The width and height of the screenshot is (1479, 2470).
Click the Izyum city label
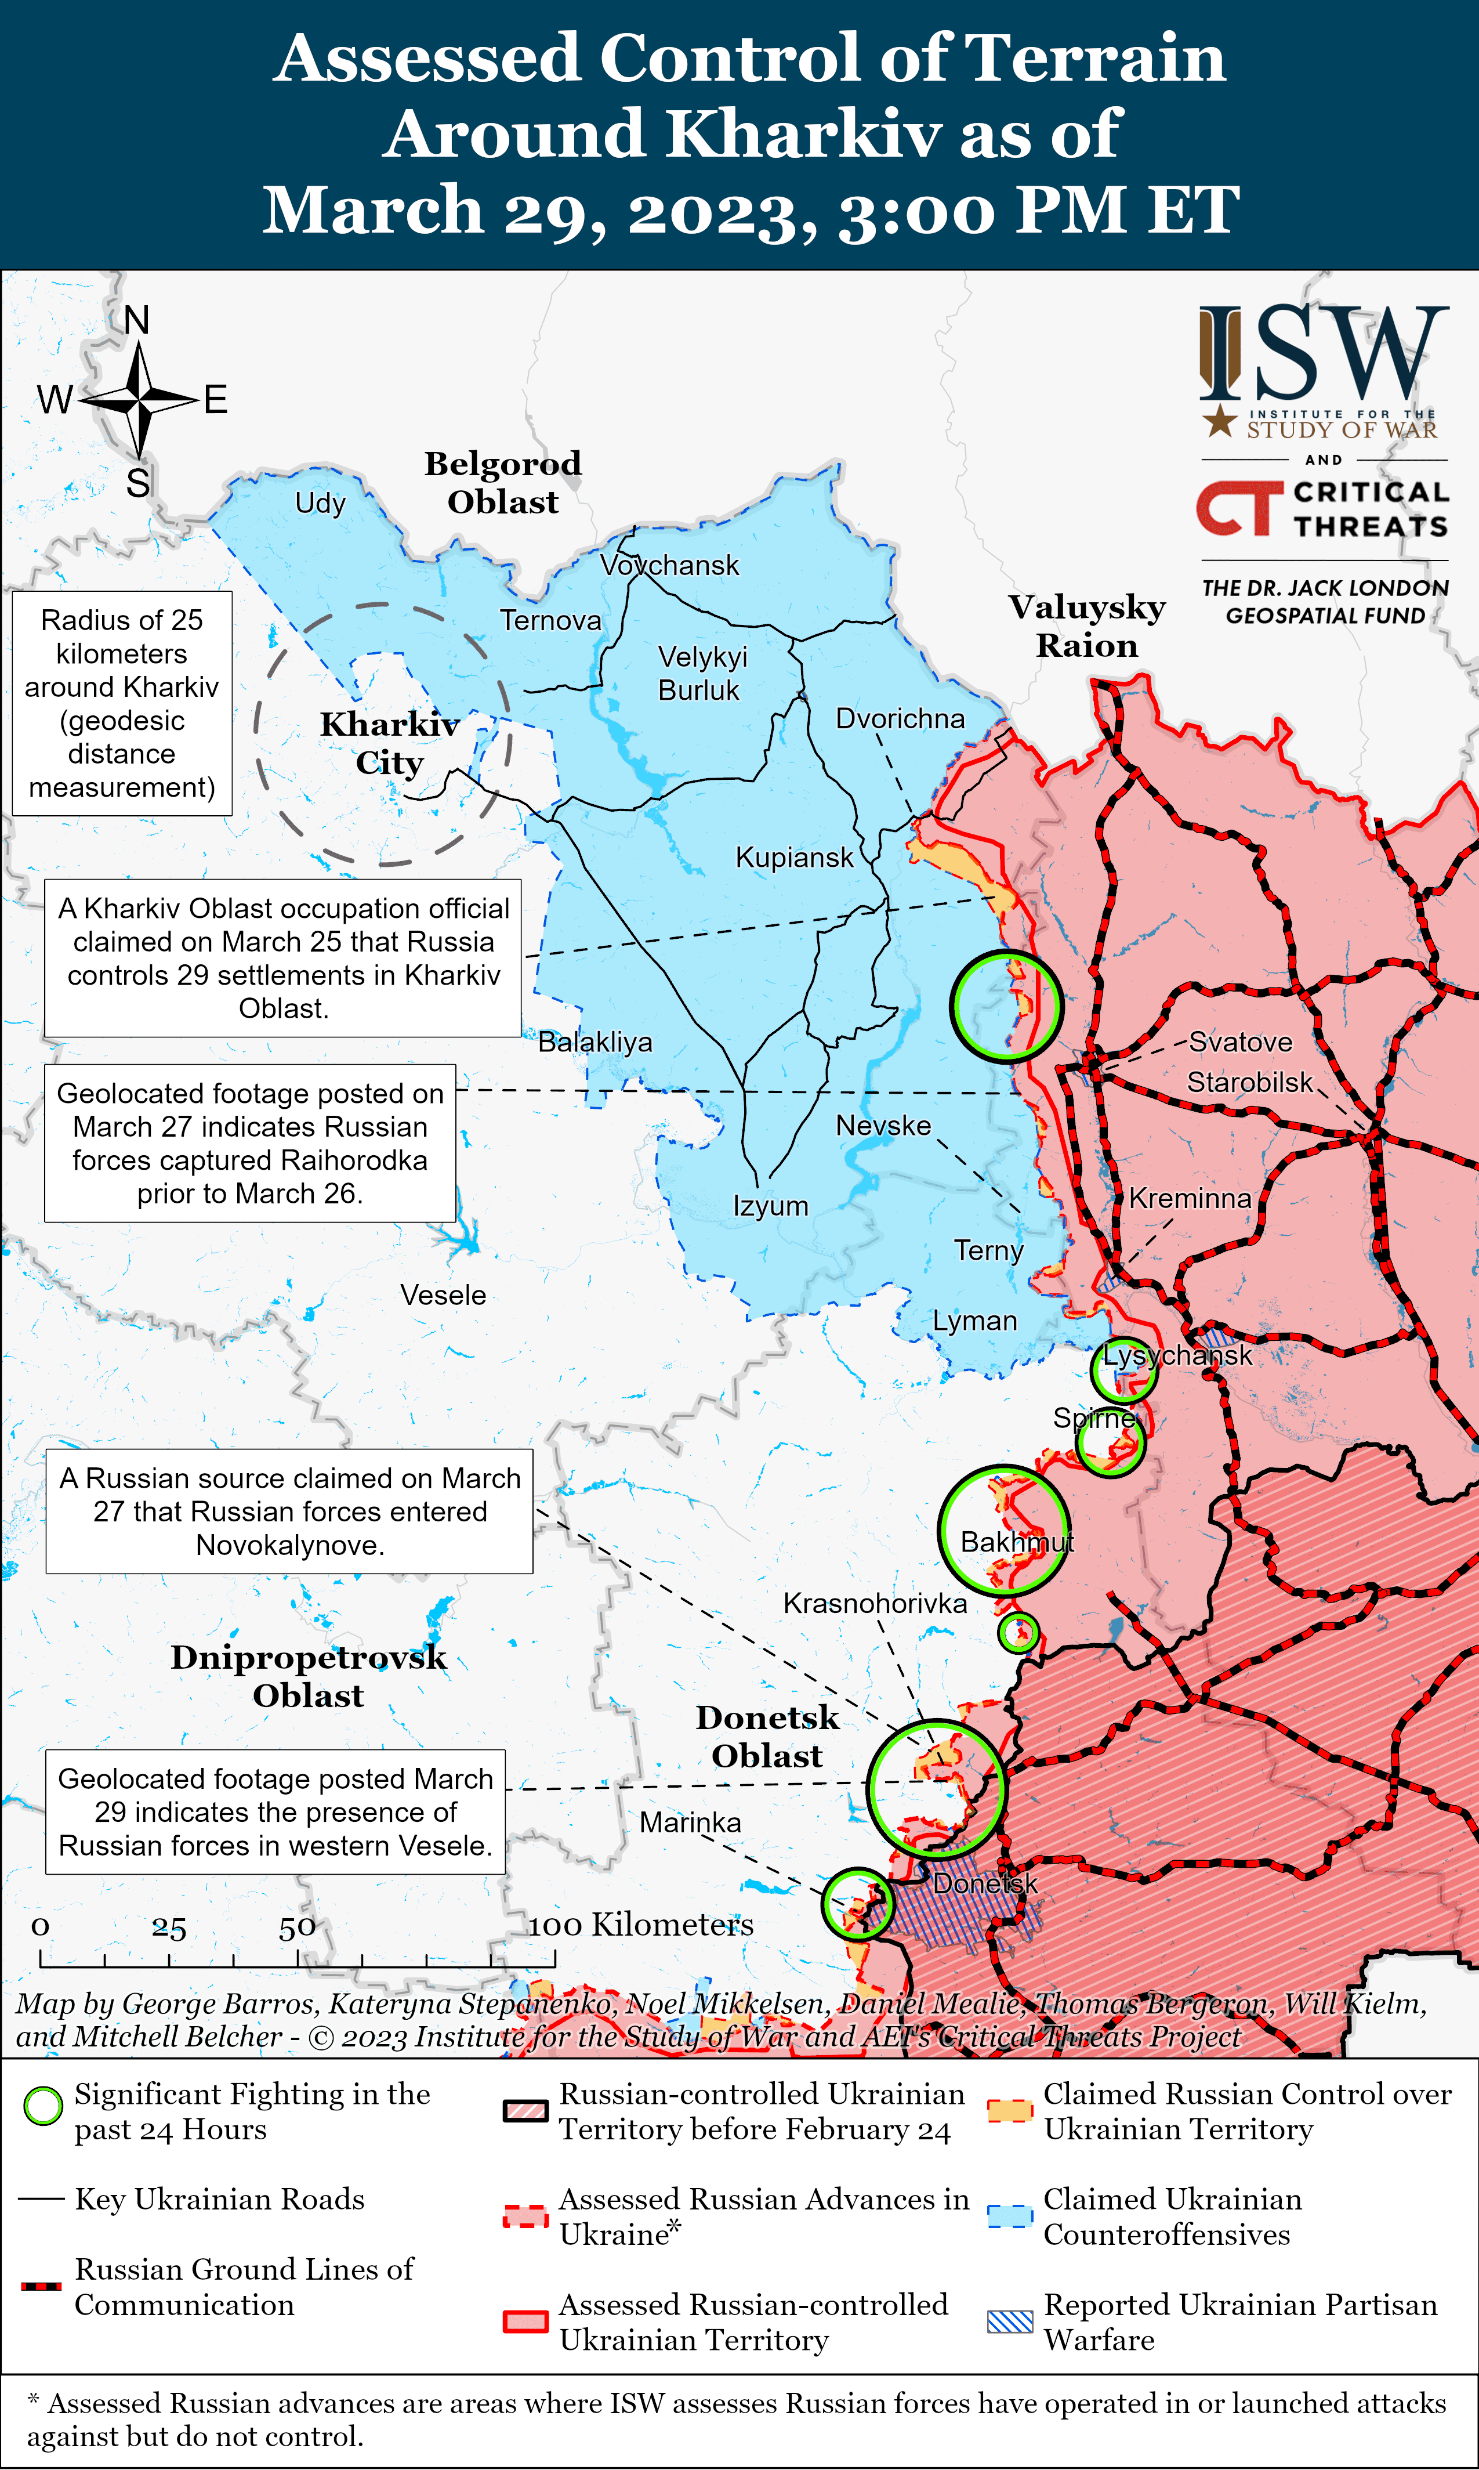[x=770, y=1206]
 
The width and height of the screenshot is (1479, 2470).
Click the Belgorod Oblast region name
[x=503, y=482]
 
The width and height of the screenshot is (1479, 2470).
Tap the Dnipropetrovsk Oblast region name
[x=309, y=1676]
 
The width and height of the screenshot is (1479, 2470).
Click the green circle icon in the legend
[x=43, y=2106]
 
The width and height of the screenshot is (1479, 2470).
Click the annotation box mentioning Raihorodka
[x=250, y=1142]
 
